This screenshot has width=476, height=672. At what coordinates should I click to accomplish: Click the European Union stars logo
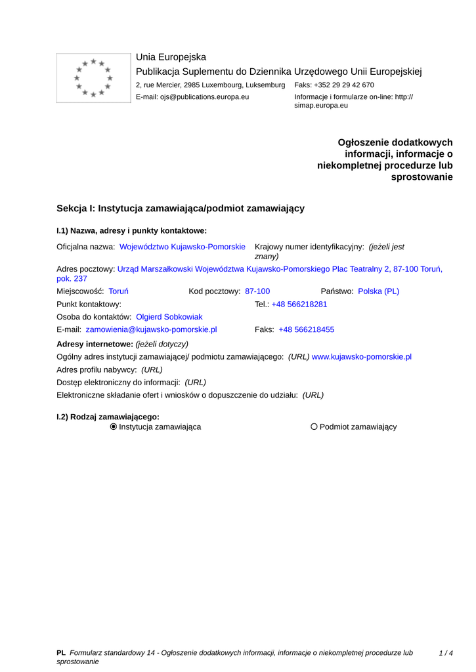click(x=93, y=78)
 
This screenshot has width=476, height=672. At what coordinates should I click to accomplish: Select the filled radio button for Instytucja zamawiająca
click(x=114, y=427)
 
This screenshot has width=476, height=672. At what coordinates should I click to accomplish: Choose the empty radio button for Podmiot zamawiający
click(x=314, y=427)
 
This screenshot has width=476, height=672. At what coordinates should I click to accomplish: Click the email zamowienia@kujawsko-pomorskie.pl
click(x=151, y=330)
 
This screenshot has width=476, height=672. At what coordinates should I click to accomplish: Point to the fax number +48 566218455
click(x=306, y=330)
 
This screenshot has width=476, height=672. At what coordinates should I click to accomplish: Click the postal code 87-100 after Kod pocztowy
click(x=257, y=291)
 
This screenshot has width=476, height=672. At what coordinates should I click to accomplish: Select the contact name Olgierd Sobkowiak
click(x=169, y=317)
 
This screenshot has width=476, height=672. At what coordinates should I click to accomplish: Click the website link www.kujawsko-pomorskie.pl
click(x=361, y=357)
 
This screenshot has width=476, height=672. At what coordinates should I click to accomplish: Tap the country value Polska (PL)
click(x=378, y=291)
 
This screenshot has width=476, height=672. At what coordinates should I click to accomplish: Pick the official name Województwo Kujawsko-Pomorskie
click(x=183, y=247)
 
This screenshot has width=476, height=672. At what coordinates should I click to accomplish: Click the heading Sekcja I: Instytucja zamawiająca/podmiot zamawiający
click(x=181, y=209)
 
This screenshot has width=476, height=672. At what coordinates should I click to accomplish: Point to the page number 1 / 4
click(x=446, y=653)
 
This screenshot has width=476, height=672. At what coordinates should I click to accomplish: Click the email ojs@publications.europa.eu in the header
click(x=204, y=97)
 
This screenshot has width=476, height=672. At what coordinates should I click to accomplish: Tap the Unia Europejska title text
click(x=171, y=58)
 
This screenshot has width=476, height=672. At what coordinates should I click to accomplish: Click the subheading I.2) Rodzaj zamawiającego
click(x=108, y=417)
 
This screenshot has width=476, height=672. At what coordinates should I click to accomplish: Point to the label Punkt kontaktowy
click(x=89, y=304)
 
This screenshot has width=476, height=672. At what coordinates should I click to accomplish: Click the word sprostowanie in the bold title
click(x=422, y=177)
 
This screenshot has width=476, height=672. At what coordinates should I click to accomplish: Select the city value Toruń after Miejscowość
click(x=118, y=291)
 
